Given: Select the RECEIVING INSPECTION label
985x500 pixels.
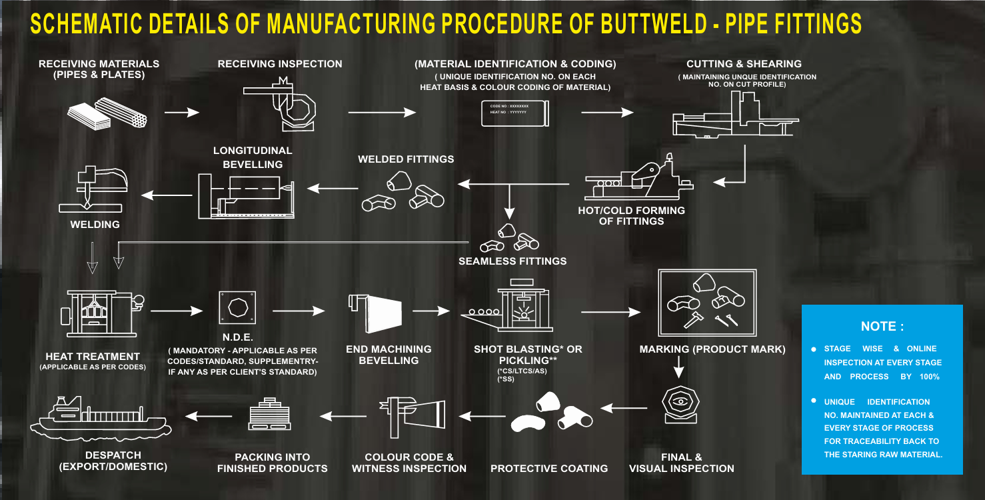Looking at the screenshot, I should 280,64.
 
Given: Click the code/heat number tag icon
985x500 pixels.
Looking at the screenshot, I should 514,109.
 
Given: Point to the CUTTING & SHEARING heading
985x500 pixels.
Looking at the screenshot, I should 744,64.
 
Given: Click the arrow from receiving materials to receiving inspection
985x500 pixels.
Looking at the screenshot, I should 181,113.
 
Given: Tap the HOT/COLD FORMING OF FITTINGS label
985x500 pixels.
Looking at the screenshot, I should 631,215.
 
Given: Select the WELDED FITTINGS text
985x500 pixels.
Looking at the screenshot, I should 406,159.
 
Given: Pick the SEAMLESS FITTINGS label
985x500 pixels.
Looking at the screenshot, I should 512,261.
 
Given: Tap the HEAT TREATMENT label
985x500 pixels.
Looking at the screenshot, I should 93,357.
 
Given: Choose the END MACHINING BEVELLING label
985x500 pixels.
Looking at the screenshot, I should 389,355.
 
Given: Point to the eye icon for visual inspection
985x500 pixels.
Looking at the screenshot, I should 679,402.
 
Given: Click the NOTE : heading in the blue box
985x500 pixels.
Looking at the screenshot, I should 882,327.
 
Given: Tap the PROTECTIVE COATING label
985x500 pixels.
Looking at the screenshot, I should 549,469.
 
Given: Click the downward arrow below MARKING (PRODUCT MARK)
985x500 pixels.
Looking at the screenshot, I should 678,367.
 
